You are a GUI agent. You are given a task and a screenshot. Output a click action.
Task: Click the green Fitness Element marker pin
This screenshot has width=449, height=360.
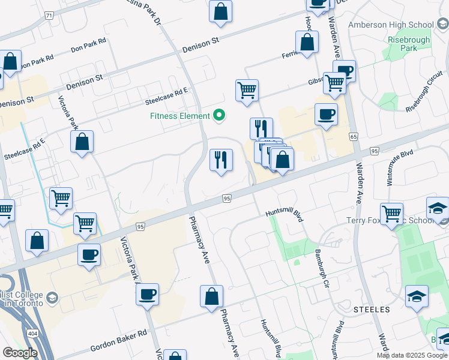click(x=219, y=115)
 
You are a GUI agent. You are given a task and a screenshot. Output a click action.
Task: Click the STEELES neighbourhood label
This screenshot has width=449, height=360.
click(x=372, y=310)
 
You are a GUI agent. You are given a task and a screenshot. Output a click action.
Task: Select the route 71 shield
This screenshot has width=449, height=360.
click(x=49, y=15)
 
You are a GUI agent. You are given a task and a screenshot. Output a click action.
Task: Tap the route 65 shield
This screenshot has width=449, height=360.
click(x=354, y=137)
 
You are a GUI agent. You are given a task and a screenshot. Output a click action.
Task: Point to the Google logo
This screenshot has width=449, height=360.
click(x=20, y=353)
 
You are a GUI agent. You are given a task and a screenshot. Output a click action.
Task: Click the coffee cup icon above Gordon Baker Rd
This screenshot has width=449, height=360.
click(x=147, y=294)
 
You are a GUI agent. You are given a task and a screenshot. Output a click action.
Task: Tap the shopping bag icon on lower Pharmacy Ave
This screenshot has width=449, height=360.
click(x=211, y=296)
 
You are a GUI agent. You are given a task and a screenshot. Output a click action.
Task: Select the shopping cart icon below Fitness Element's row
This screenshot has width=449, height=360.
click(x=247, y=90)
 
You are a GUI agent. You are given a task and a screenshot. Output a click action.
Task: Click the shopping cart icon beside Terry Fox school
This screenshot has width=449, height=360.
click(x=391, y=212)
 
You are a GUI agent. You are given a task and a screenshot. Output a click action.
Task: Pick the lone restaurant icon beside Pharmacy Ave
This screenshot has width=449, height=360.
click(x=221, y=160)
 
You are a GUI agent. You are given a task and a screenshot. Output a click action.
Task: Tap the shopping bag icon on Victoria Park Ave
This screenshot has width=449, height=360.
click(x=82, y=142)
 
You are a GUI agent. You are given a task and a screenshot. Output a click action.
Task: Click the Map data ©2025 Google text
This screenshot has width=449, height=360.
click(x=412, y=355)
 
